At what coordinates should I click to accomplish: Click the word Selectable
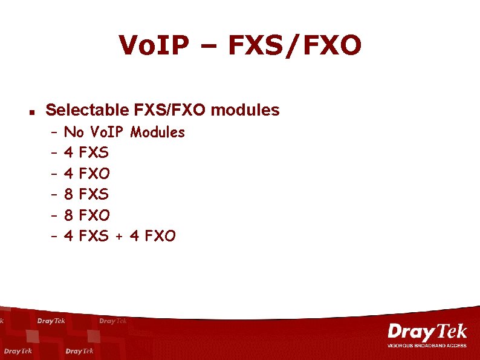86,110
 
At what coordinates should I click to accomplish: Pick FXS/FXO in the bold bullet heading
170,110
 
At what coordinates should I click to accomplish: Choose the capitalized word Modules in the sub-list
158,132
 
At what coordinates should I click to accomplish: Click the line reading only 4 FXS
86,152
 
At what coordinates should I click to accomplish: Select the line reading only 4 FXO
86,174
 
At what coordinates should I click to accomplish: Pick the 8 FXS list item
86,194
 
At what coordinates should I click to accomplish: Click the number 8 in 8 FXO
68,215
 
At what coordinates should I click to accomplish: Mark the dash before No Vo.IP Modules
54,133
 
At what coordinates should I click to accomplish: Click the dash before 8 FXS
54,195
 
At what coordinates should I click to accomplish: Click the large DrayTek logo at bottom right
427,332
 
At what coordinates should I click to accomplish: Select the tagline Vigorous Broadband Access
427,345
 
